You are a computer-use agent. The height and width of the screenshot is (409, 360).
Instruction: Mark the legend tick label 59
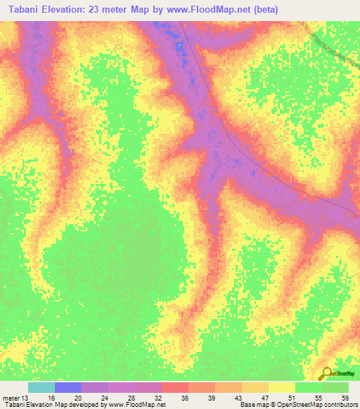click(345, 397)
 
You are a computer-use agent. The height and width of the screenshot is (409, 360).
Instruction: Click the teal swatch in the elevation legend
click(41, 387)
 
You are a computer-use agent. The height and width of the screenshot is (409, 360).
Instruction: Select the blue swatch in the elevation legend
click(68, 387)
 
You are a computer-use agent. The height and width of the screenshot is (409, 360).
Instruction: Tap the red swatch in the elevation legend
click(175, 387)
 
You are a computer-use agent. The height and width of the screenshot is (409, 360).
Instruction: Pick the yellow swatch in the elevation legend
click(282, 387)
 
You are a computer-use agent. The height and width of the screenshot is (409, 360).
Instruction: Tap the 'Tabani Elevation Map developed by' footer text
click(53, 405)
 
